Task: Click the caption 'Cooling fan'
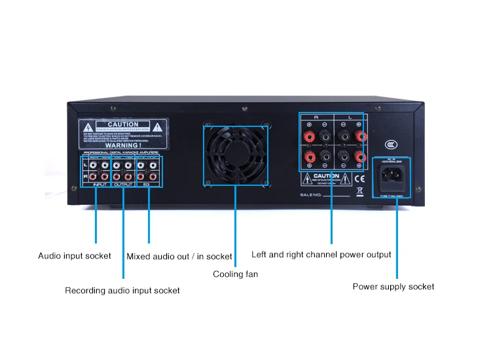(x=236, y=274)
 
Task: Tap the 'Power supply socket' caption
(x=393, y=287)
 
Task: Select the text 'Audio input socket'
(x=75, y=256)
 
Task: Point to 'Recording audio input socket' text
(x=122, y=290)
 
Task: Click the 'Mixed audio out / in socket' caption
(x=179, y=257)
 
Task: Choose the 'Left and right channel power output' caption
(x=321, y=255)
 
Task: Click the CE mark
(x=359, y=177)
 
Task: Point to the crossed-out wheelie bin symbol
(x=359, y=192)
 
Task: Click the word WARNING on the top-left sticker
(x=122, y=146)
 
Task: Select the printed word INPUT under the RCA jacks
(x=100, y=185)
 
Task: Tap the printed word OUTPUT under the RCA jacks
(x=123, y=185)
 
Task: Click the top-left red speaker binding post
(x=309, y=136)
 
